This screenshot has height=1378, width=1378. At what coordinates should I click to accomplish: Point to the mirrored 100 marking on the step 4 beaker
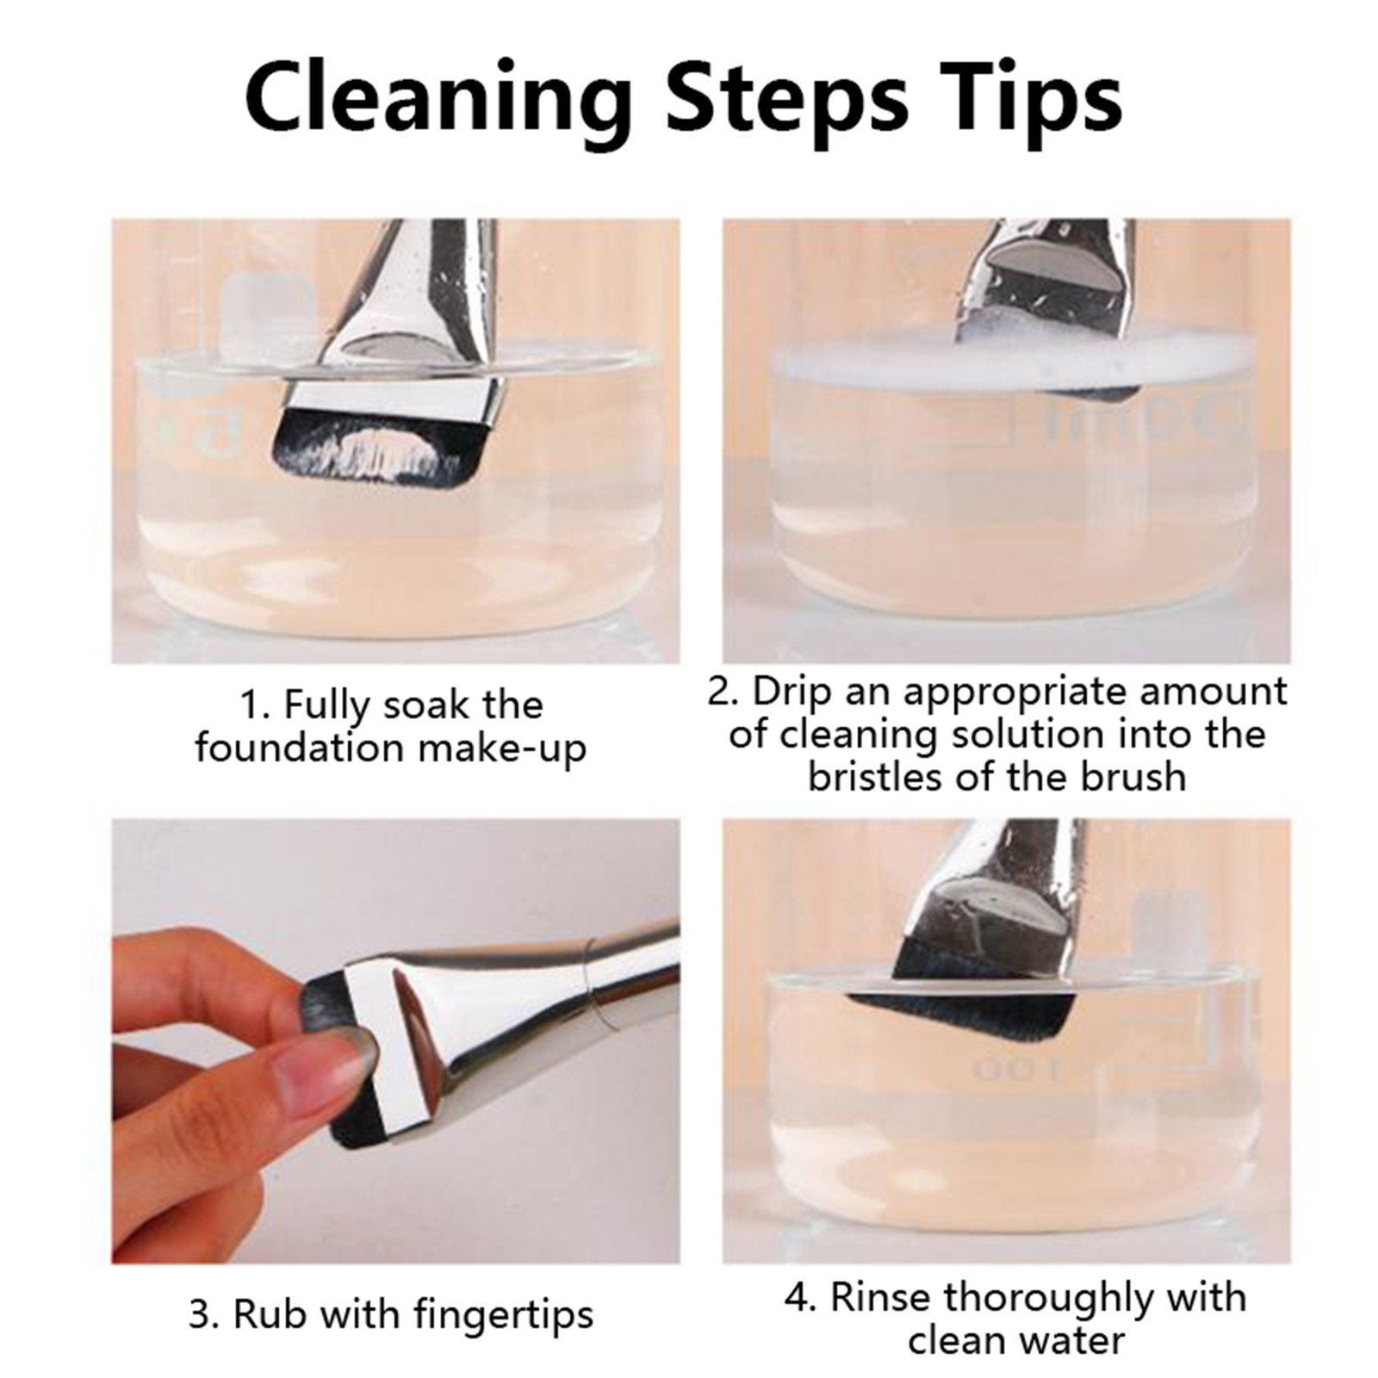[x=1016, y=1071]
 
